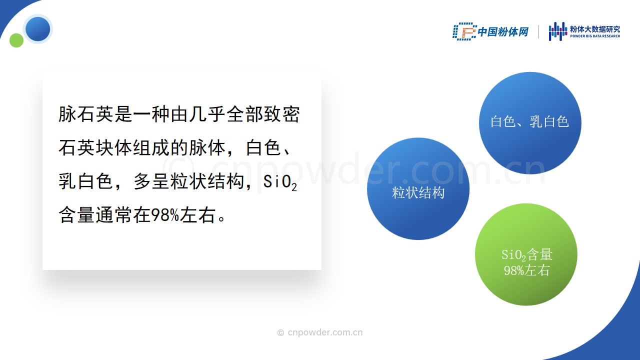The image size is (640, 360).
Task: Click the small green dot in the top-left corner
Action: (16, 40)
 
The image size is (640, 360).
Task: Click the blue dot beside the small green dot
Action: (37, 29)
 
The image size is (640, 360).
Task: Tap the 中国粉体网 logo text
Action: (503, 31)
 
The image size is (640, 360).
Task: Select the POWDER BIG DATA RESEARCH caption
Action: (595, 36)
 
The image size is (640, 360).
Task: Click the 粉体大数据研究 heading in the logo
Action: (595, 29)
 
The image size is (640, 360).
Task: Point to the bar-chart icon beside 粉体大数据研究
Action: (557, 31)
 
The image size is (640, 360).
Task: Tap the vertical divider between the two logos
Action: (538, 31)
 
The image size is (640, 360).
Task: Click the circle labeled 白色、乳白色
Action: (530, 123)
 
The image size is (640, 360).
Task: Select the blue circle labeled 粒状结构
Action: (418, 189)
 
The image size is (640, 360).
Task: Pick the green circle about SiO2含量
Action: (526, 254)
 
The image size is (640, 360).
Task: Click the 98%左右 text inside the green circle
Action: (526, 270)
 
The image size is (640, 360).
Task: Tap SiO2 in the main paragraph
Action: (280, 182)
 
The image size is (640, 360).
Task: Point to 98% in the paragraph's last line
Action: (165, 215)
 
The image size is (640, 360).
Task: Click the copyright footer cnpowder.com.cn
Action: (320, 332)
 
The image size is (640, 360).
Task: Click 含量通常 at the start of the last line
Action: (95, 215)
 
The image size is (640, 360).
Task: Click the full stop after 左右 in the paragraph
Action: (221, 219)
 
